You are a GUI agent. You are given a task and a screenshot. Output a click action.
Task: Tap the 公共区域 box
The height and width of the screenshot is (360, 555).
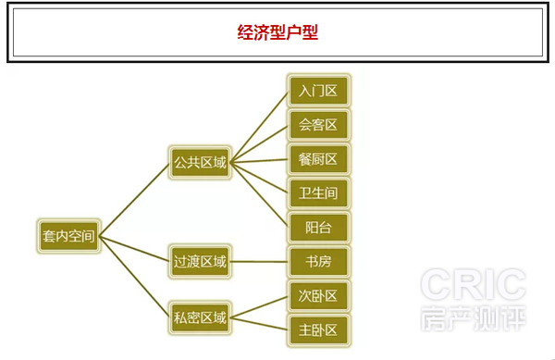(199, 163)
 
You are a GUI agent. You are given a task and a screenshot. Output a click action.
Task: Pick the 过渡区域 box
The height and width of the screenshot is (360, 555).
(199, 262)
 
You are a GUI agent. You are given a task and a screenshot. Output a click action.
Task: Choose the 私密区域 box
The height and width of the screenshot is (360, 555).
(199, 317)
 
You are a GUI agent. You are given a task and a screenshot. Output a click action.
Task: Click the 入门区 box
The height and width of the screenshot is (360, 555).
(318, 91)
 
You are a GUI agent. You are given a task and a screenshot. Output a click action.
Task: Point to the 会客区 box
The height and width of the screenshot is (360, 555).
(318, 124)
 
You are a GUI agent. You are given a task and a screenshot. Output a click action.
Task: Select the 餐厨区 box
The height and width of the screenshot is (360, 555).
(318, 158)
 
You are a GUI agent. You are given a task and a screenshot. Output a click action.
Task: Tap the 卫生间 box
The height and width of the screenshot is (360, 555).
(318, 192)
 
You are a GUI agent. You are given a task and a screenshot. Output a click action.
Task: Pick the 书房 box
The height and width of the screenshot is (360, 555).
(318, 262)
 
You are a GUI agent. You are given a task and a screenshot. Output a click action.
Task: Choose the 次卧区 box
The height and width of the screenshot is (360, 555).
(318, 296)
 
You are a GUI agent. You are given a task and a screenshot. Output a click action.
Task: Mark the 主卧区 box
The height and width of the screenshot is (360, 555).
(318, 329)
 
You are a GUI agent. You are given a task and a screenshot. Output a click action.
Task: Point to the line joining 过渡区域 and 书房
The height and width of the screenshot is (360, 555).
(259, 262)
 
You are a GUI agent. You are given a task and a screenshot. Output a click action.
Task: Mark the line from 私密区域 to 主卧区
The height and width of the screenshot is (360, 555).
(259, 323)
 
